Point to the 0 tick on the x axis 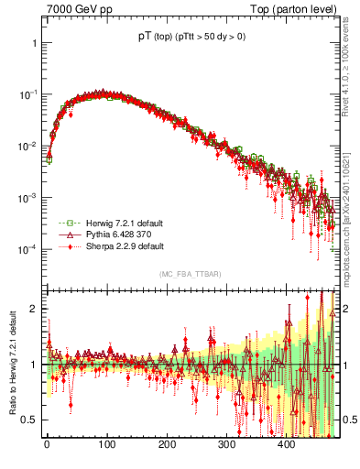pyautogui.click(x=47, y=444)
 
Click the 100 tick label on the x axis pyautogui.click(x=106, y=444)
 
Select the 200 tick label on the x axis pyautogui.click(x=167, y=444)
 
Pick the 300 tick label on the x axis pyautogui.click(x=226, y=444)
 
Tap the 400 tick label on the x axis pyautogui.click(x=287, y=444)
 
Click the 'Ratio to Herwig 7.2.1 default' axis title pyautogui.click(x=10, y=363)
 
